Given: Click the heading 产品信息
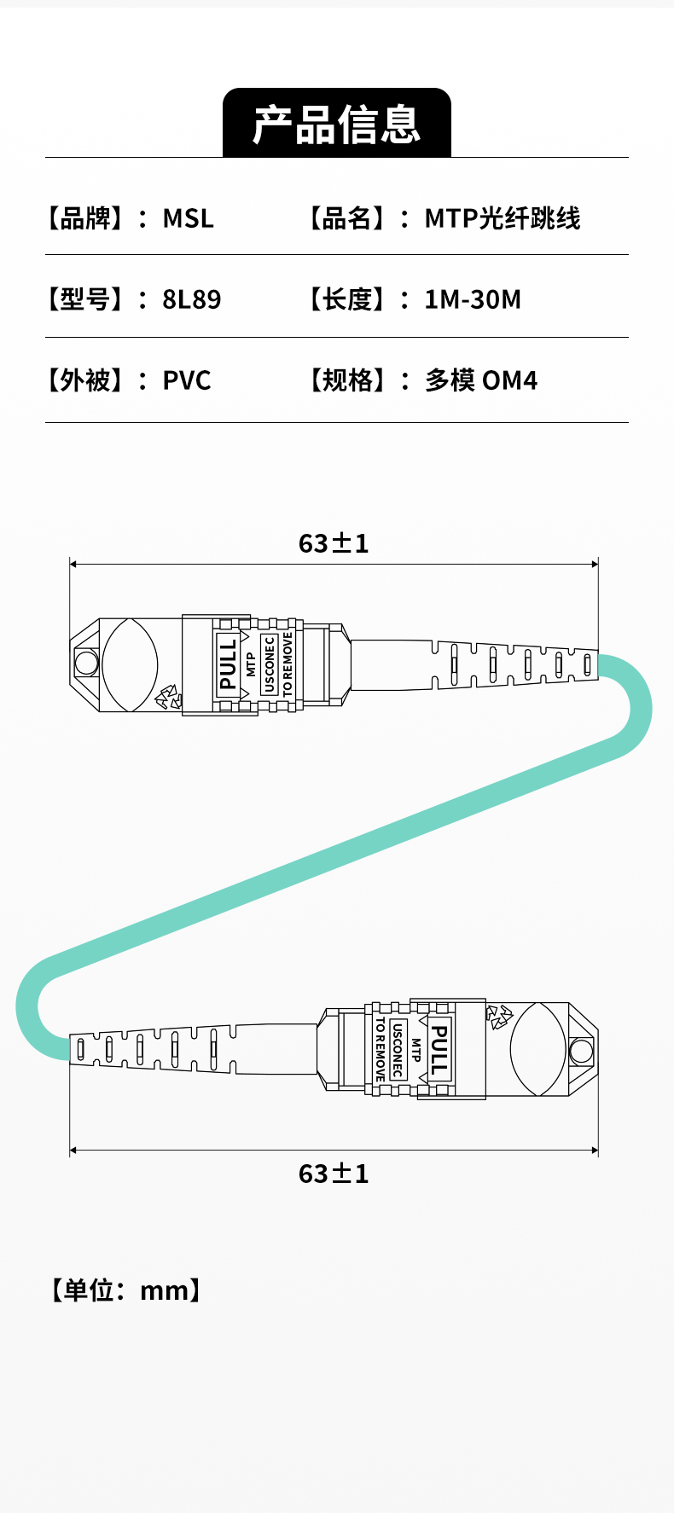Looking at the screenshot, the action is pos(337,125).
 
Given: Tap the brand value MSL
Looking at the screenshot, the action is pos(189,218).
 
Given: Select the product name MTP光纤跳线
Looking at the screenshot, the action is pos(503,218).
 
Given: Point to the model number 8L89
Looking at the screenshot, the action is pos(192,299).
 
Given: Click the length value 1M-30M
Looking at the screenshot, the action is pos(473,299).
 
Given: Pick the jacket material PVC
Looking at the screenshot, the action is pos(187,380).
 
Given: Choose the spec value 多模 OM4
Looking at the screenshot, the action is pos(481,380).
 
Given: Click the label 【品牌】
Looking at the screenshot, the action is pos(85,218).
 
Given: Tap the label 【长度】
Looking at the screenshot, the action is pos(347,299).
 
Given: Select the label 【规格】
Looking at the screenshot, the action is pos(347,380).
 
